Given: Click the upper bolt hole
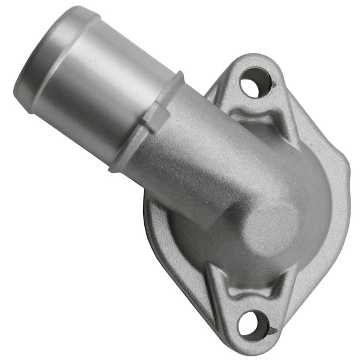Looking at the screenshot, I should click(255, 82).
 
